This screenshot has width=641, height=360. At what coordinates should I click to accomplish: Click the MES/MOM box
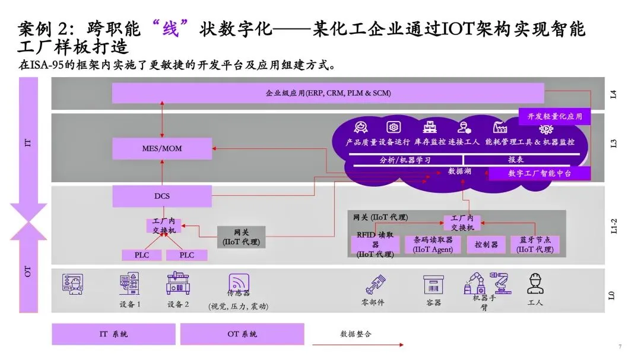162,148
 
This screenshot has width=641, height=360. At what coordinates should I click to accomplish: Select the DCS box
162,196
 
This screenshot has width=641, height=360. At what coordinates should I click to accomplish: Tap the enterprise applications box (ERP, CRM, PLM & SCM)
328,93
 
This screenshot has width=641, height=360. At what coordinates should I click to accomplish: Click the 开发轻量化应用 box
554,116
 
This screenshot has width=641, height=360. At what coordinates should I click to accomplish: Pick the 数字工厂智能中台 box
540,173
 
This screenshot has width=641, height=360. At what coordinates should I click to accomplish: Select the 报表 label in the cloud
516,160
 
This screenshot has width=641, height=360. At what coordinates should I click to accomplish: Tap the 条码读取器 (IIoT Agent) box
433,244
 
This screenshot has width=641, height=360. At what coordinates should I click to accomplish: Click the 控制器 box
486,244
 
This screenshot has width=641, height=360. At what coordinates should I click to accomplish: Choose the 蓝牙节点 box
535,244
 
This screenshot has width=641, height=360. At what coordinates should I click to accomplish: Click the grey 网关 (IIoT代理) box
241,237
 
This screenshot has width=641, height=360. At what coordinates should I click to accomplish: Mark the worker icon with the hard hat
535,284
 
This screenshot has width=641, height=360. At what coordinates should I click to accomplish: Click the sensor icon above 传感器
239,282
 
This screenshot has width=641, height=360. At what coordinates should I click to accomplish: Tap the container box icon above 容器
433,285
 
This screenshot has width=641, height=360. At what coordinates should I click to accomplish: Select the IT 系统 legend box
113,334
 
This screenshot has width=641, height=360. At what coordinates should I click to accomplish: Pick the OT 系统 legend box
242,334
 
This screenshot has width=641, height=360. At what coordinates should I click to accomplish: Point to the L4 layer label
613,93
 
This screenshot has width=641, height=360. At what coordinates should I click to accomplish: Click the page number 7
620,346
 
